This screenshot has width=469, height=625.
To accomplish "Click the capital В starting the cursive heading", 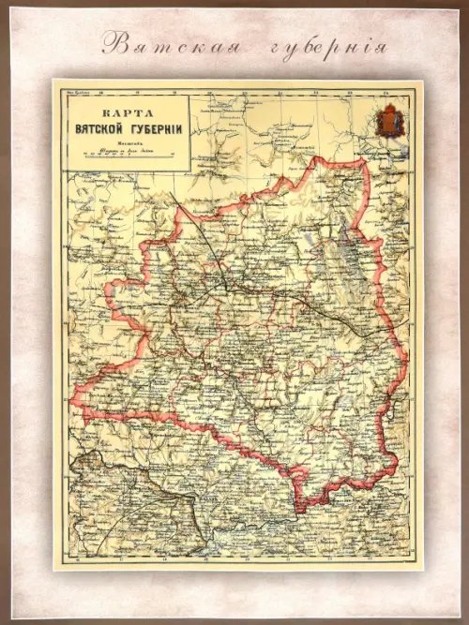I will coord(112,43).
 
